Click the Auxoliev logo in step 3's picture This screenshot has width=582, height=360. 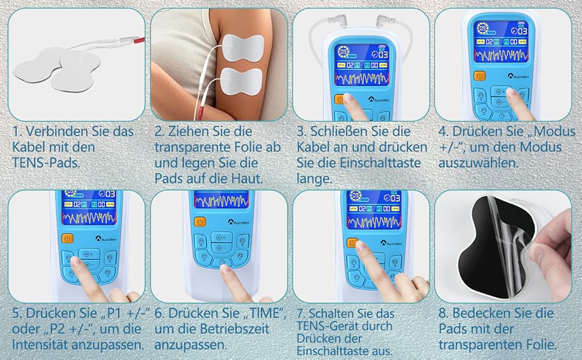pos(378,100)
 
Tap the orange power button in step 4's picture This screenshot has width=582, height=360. pos(479,76)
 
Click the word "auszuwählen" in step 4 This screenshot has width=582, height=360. pos(478,163)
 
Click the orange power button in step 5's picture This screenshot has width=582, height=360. pos(68,239)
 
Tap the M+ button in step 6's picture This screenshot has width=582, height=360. pos(221,238)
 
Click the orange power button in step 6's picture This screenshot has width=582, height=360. pos(200,223)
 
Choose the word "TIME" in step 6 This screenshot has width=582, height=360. pos(263,313)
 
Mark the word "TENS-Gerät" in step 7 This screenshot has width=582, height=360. pos(326,326)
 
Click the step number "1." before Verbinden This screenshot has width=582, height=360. pos(16,131)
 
